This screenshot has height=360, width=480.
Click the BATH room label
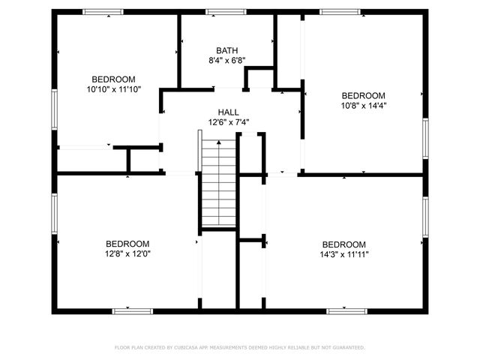(227, 50)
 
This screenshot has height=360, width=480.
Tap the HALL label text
(229, 112)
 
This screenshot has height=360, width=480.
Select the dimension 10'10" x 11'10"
(113, 89)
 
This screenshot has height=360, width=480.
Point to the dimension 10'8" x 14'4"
(364, 106)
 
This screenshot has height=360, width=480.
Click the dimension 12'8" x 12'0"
(127, 254)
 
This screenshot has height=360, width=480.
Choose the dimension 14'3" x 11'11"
(344, 254)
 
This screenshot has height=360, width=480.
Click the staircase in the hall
(219, 180)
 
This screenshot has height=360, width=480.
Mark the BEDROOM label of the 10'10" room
(113, 79)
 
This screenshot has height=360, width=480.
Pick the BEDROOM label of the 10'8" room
(364, 96)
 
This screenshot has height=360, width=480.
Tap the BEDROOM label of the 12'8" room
(127, 244)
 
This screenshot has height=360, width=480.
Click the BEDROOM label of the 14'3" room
(344, 244)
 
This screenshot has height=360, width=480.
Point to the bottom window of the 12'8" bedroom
(132, 310)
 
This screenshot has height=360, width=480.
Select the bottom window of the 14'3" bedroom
(346, 310)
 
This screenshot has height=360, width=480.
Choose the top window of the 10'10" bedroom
(103, 11)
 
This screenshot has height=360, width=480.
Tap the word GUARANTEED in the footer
(346, 348)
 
